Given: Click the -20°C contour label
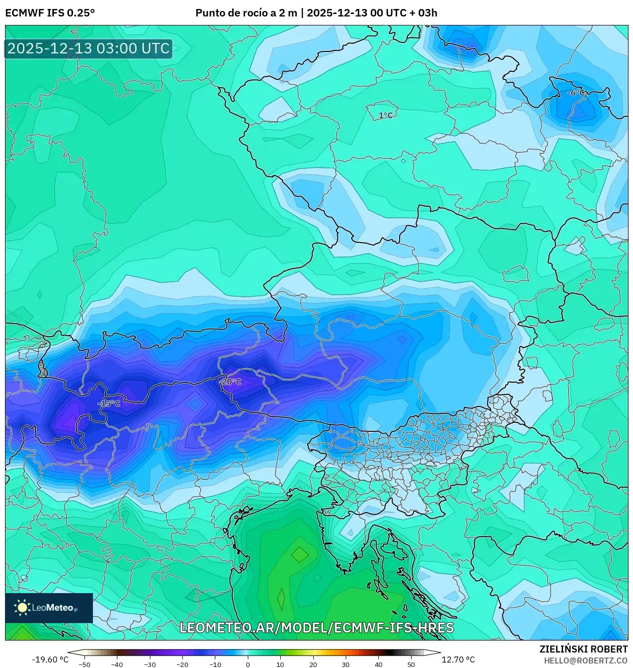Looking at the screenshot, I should click(x=230, y=382).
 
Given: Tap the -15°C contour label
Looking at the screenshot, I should click(x=109, y=403).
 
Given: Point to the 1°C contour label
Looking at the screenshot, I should click(x=385, y=115).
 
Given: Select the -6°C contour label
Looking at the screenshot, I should click(x=576, y=93).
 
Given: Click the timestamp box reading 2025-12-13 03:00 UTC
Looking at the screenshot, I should click(x=88, y=48).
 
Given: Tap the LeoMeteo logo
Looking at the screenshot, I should click(x=49, y=608).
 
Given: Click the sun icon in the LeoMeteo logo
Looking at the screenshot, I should click(x=22, y=607).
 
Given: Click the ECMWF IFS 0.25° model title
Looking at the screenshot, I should click(x=50, y=13).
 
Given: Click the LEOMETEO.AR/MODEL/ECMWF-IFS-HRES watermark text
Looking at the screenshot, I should click(x=316, y=628).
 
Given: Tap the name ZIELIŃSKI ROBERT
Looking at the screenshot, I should click(x=583, y=649).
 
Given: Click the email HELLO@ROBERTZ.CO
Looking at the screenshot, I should click(x=586, y=661).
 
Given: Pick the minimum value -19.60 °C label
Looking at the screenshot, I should click(x=50, y=660).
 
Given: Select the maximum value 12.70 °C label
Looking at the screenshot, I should click(x=458, y=660).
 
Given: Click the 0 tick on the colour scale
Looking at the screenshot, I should click(x=248, y=665).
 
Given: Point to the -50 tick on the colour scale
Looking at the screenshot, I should click(x=84, y=665).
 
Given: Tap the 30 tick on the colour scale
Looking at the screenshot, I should click(x=346, y=665).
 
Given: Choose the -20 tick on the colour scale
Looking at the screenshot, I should click(x=182, y=665).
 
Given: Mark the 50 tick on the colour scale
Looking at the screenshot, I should click(x=411, y=665).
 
